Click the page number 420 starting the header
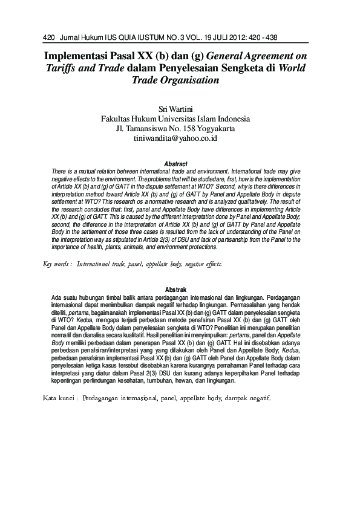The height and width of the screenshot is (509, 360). (x=50, y=37)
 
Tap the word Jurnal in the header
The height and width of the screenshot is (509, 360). (x=71, y=37)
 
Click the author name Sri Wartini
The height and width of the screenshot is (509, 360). (x=175, y=109)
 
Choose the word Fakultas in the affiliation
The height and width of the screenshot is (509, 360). (x=119, y=119)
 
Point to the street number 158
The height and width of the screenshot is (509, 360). (x=193, y=129)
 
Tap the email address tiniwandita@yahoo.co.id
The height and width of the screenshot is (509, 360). (x=175, y=139)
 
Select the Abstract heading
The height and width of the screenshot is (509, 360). (x=175, y=164)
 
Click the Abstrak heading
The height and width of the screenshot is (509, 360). (x=175, y=290)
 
